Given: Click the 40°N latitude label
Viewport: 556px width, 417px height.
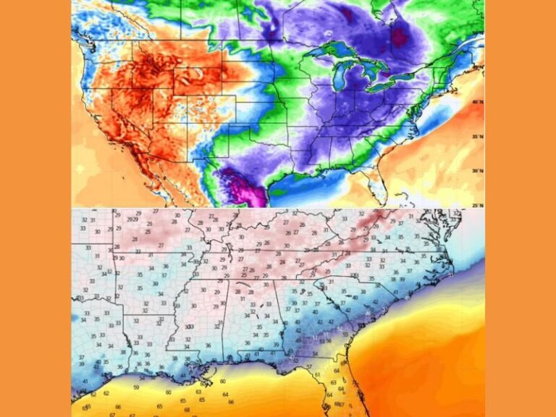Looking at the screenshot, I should click(x=476, y=103).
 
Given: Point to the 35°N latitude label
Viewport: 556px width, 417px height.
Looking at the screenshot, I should click(x=476, y=136).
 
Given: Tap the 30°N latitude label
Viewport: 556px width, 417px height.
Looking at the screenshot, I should click(x=476, y=171).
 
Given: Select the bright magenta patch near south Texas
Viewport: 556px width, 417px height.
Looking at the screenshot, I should click(x=243, y=187).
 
